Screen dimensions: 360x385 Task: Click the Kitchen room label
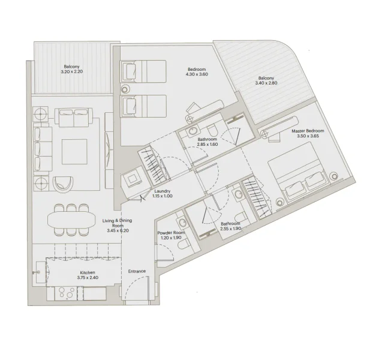(x=87, y=273)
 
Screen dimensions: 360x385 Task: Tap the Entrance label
(x=137, y=271)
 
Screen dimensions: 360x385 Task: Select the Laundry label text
(x=162, y=191)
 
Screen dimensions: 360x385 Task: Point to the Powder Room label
(x=170, y=233)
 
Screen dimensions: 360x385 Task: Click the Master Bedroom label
(x=308, y=131)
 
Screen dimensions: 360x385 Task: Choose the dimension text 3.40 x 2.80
(x=266, y=83)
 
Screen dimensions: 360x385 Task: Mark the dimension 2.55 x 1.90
(x=230, y=229)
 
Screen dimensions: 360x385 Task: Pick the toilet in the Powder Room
(x=183, y=242)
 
